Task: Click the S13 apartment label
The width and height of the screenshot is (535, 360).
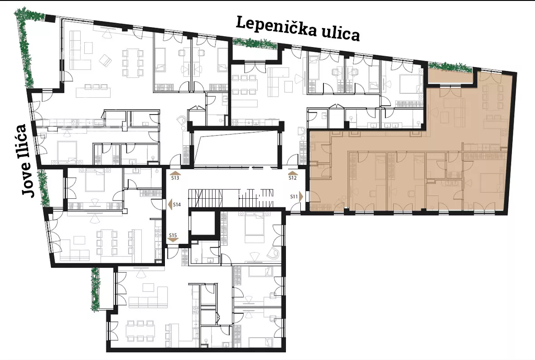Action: point(175,178)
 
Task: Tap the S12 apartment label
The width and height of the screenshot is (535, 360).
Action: point(292,178)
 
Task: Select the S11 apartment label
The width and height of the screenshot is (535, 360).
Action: point(294,197)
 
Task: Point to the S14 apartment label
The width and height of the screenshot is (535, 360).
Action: point(177,205)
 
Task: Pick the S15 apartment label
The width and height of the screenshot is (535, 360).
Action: point(173,235)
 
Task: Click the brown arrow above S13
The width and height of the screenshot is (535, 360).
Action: point(175,173)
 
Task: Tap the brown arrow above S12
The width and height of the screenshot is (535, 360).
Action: point(293,173)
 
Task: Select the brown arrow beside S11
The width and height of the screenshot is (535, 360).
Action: point(301,197)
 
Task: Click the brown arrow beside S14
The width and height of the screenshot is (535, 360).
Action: point(170,205)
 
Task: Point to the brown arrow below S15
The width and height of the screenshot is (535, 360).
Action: point(173,240)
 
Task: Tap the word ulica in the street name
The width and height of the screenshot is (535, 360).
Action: point(341,34)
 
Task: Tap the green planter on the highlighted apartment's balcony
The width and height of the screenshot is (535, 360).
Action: point(450,67)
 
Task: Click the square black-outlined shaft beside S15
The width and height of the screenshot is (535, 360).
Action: point(202,223)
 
